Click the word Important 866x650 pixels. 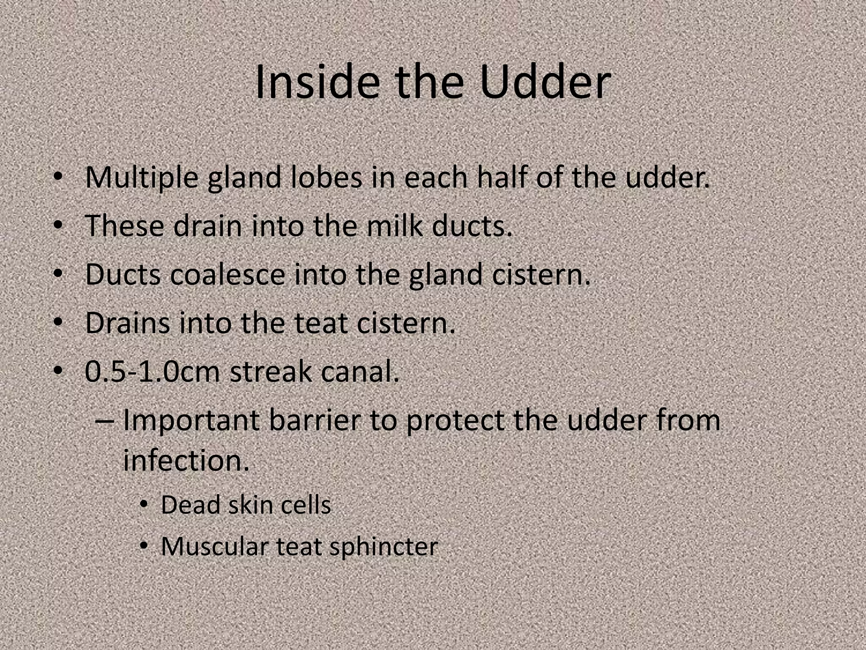point(191,421)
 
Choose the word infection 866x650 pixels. point(186,460)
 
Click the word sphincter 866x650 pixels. point(384,547)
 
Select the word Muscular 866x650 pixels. point(214,546)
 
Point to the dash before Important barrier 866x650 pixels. point(104,421)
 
